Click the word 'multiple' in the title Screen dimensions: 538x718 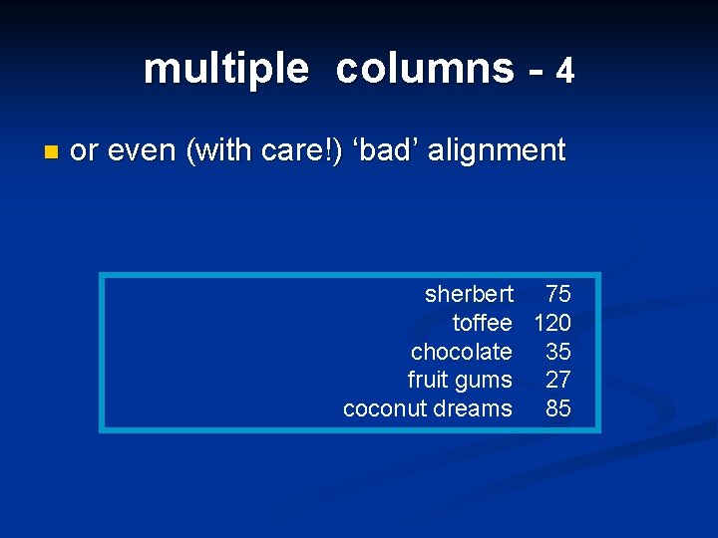225,69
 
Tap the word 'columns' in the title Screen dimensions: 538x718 425,68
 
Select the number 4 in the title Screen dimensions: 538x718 565,71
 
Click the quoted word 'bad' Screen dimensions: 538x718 391,150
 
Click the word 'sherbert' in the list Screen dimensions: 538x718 469,294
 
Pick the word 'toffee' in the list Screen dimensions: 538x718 482,323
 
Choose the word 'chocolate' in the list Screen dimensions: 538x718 461,352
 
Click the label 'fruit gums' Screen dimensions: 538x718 460,380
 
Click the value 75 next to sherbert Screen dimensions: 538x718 558,294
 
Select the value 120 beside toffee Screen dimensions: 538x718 552,323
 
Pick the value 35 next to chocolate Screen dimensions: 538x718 558,352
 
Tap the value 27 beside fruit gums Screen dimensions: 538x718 558,380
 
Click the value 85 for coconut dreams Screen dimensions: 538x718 558,408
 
